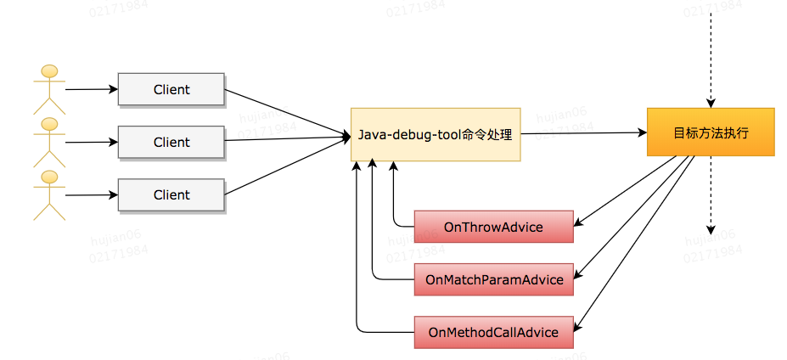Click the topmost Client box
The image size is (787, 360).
[171, 89]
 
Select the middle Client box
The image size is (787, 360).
[171, 143]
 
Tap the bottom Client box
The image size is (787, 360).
[171, 194]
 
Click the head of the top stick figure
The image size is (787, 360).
[50, 71]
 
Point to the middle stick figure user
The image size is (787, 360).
[50, 142]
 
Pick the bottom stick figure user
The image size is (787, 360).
[50, 194]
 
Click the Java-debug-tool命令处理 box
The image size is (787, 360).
[435, 134]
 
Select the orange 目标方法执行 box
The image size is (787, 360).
[711, 132]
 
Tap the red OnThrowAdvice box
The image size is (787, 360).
[493, 227]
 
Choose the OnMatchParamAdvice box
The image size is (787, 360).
[493, 279]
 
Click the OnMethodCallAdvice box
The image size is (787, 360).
[493, 332]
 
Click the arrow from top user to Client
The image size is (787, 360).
[90, 89]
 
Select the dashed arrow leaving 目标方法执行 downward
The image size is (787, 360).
[711, 195]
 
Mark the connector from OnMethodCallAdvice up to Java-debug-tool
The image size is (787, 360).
[358, 255]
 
